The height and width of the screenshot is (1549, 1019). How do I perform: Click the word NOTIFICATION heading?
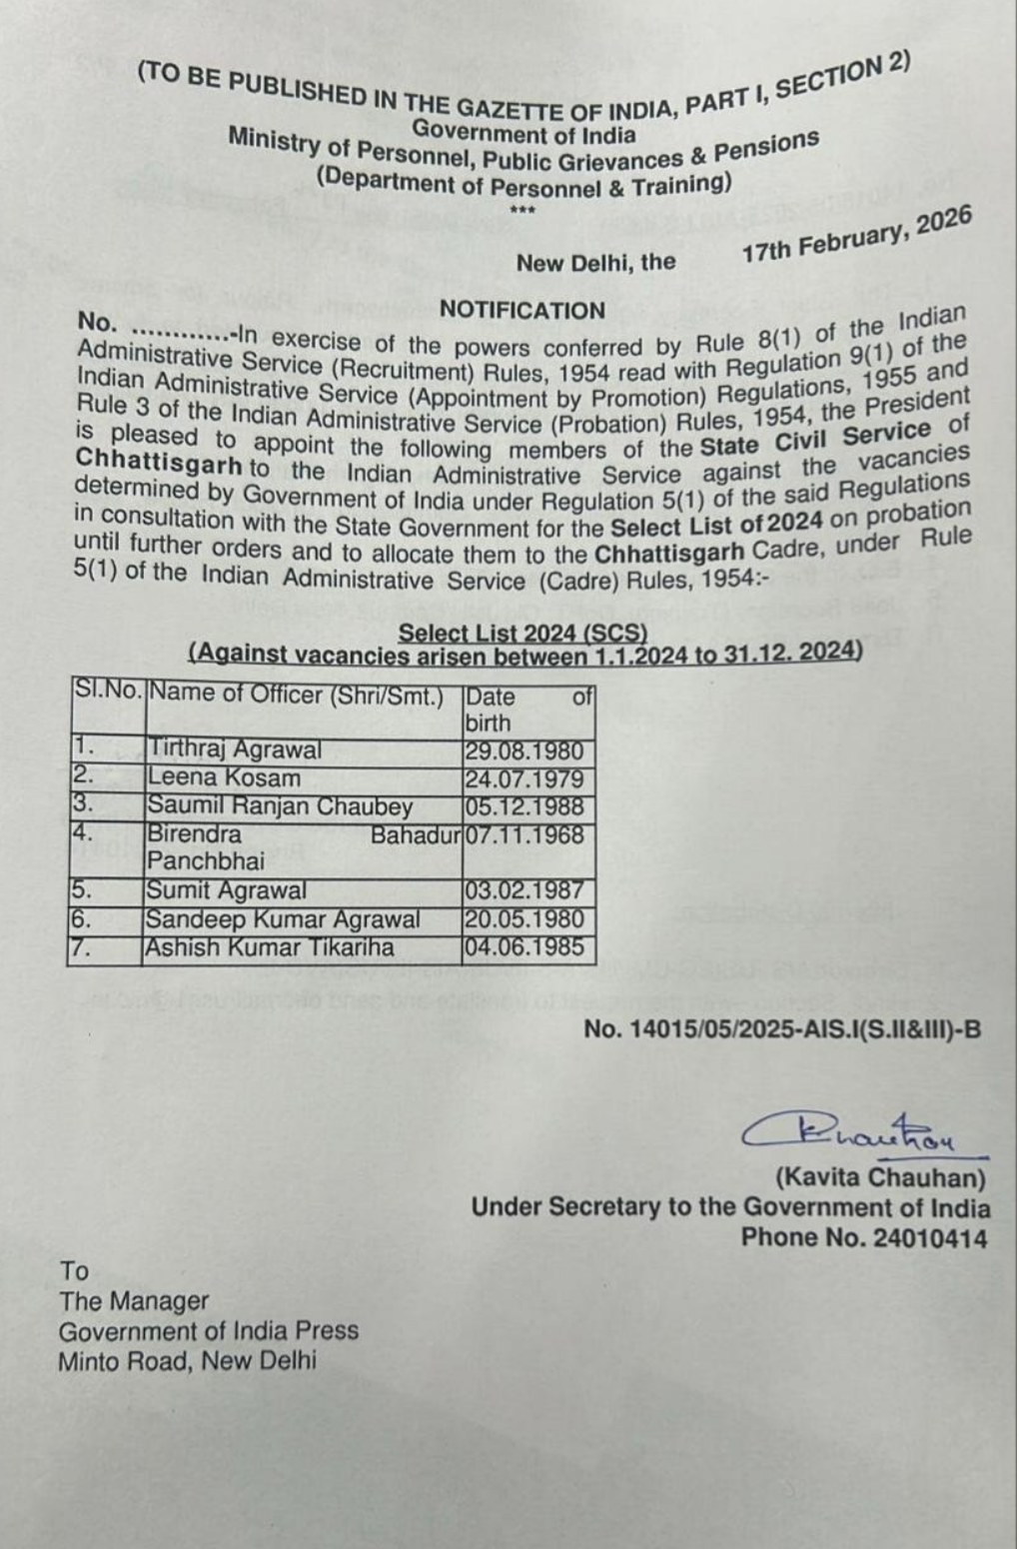click(522, 310)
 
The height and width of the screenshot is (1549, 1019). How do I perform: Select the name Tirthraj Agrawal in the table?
click(235, 750)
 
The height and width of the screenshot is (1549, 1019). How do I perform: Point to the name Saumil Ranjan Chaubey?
click(280, 806)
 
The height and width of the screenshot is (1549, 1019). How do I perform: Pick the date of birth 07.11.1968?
click(525, 834)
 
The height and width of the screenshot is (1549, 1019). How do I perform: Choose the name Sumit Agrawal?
click(227, 890)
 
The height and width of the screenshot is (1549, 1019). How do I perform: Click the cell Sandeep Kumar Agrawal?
click(283, 919)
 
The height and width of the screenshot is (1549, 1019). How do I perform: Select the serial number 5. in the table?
click(83, 889)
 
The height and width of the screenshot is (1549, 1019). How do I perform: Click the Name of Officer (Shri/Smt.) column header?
click(296, 696)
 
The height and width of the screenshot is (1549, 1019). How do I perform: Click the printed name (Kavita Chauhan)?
click(880, 1178)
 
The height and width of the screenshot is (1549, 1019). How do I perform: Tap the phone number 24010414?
click(930, 1238)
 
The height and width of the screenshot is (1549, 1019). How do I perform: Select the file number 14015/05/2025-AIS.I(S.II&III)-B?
click(782, 1028)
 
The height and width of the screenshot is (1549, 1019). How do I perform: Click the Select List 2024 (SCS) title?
click(522, 633)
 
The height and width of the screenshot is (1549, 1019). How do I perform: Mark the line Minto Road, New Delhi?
click(187, 1360)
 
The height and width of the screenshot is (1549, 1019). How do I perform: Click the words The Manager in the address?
click(134, 1301)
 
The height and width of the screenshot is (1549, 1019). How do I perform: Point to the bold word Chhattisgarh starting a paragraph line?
click(159, 464)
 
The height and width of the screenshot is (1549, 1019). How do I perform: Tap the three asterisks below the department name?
click(522, 210)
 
